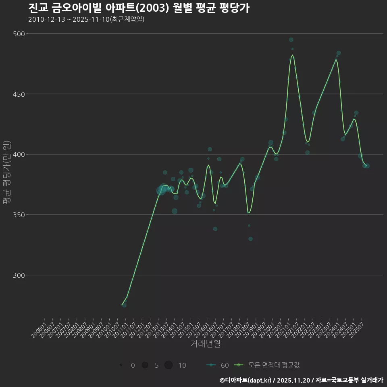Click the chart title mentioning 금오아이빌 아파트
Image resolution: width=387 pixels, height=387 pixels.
pyautogui.click(x=139, y=8)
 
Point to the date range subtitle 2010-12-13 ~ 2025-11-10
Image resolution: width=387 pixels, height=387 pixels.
pyautogui.click(x=86, y=19)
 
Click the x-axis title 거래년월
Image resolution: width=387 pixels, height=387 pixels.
pyautogui.click(x=205, y=344)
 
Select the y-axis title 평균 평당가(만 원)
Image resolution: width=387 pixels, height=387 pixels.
pyautogui.click(x=6, y=173)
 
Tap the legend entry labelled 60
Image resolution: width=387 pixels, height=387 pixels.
pyautogui.click(x=218, y=365)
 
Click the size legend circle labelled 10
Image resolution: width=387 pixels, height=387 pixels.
pyautogui.click(x=169, y=365)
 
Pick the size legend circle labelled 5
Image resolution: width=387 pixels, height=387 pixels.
pyautogui.click(x=145, y=365)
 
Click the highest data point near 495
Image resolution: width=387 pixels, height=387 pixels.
pyautogui.click(x=291, y=40)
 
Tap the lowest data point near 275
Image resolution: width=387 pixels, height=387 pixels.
pyautogui.click(x=124, y=305)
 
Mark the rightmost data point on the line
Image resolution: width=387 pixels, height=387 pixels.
pyautogui.click(x=367, y=166)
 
